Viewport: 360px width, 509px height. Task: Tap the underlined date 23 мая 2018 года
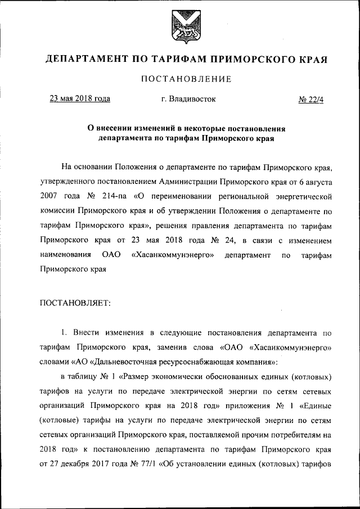[x=80, y=100]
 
